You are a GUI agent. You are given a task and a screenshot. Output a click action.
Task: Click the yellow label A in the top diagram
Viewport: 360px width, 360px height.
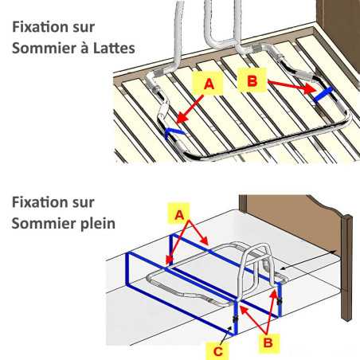tap(209, 84)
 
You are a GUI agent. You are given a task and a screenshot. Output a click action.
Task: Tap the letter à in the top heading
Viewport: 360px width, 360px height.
tap(80, 48)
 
